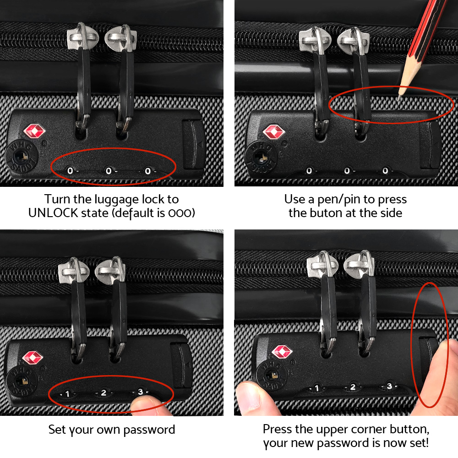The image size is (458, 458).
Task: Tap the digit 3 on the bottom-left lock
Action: [x=140, y=392]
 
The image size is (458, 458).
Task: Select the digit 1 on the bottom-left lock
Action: [x=67, y=393]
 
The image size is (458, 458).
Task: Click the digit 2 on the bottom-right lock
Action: [x=353, y=387]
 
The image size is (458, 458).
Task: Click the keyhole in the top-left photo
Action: [x=19, y=157]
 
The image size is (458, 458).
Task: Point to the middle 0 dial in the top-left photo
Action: [x=109, y=171]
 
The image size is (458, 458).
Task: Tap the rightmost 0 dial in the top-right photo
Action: [x=385, y=171]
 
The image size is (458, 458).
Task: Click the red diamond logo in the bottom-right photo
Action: [x=282, y=352]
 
